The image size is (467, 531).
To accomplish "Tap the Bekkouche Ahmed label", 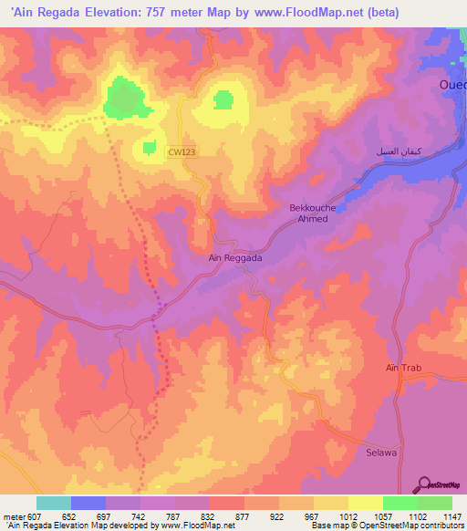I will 312,213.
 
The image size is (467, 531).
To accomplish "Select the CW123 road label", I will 182,153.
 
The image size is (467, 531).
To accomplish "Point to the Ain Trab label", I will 401,368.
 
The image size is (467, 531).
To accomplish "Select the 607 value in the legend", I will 26,515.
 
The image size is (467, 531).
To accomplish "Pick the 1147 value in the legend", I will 441,515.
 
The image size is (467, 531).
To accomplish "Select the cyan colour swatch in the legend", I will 54,503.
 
